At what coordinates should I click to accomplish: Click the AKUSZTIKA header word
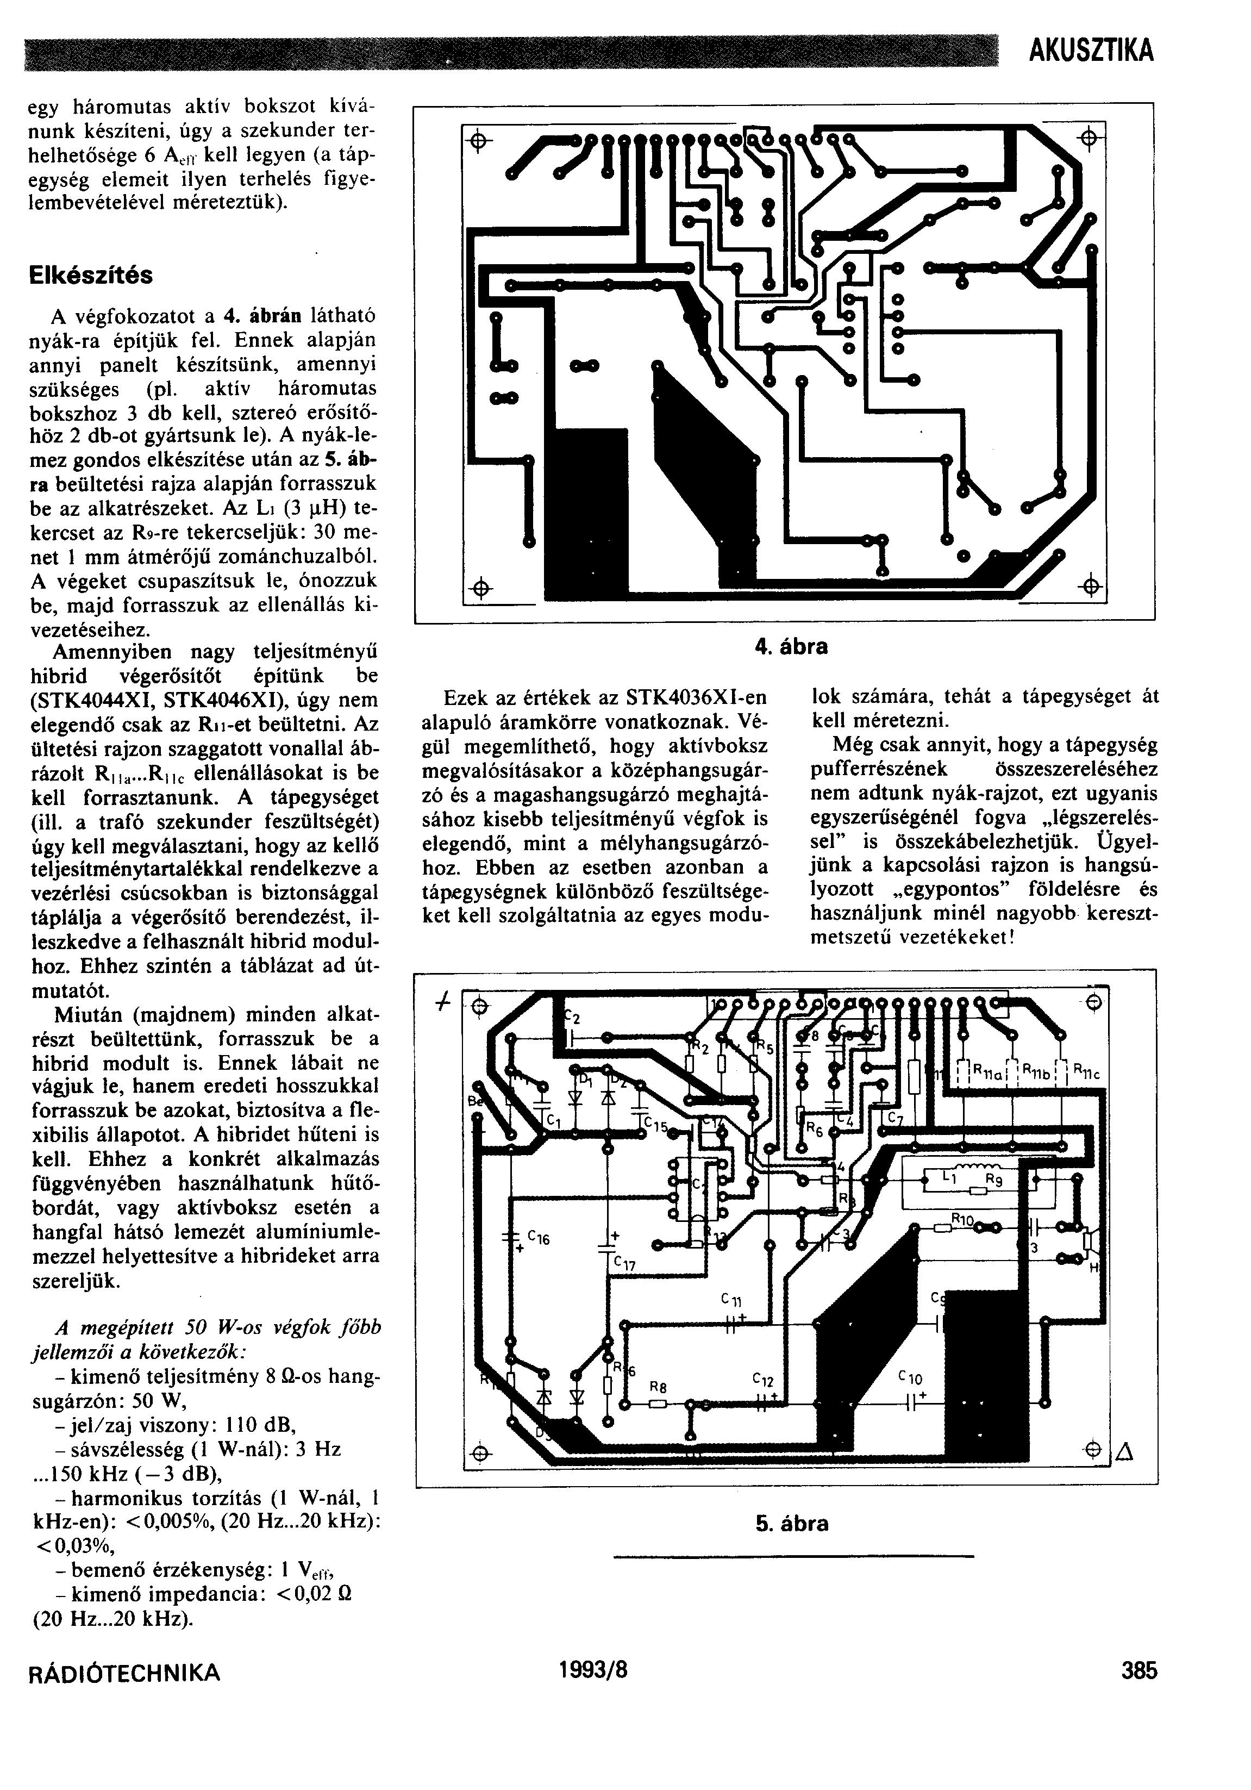tap(1091, 52)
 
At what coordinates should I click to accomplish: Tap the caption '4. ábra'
tap(791, 647)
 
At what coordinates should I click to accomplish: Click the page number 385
tap(1140, 1671)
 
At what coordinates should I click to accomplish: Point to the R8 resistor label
tap(658, 1387)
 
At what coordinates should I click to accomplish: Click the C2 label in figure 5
tap(572, 1018)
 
